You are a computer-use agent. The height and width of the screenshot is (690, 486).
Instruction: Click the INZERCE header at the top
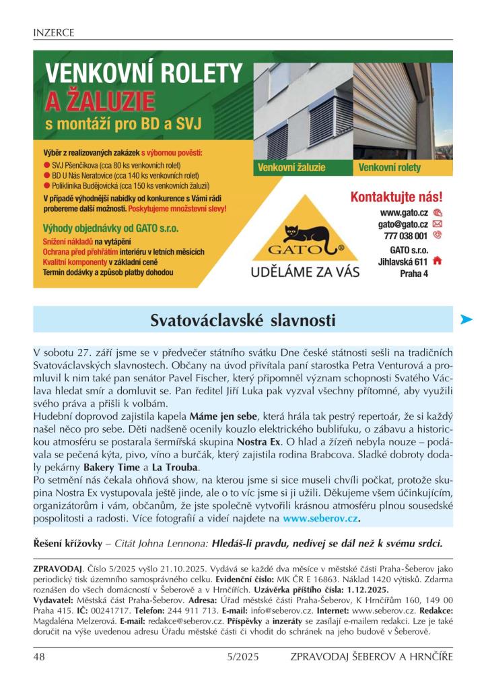(53, 32)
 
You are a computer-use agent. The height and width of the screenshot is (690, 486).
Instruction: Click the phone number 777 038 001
(406, 236)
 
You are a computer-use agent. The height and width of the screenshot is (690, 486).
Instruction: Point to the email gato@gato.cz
(403, 224)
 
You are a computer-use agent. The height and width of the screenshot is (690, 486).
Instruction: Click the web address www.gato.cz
(405, 212)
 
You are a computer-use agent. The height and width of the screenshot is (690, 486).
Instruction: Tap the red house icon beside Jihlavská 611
(438, 261)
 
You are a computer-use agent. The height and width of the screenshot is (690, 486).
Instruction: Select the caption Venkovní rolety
(390, 167)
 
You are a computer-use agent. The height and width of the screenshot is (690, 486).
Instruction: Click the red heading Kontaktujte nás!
(396, 197)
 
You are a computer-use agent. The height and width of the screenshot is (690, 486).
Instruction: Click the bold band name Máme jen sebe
(224, 416)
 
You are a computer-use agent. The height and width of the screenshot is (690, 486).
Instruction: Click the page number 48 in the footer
(39, 656)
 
